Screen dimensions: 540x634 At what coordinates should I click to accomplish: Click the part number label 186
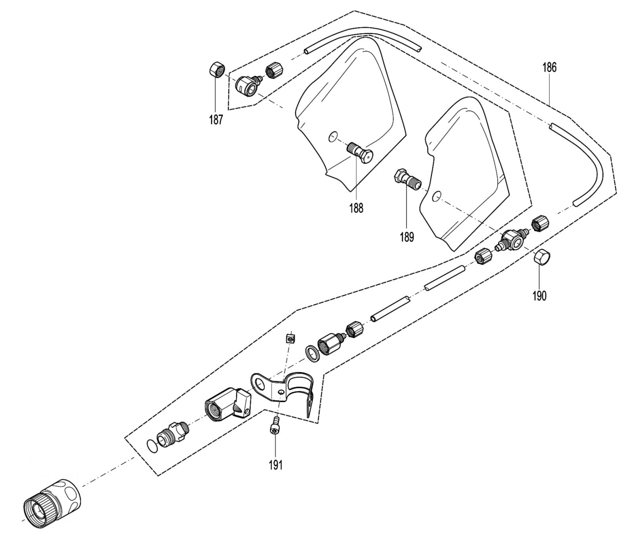point(549,68)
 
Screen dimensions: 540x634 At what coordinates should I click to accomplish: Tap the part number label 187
point(216,120)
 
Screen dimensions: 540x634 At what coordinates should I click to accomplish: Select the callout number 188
point(356,208)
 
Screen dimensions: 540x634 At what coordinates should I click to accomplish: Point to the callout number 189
point(407,237)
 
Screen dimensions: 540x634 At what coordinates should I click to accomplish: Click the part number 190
point(539,296)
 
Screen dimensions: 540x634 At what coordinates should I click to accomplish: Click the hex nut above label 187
point(216,71)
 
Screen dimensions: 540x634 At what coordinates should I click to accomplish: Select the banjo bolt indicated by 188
point(360,152)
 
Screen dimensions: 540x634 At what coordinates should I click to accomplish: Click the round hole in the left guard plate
point(333,137)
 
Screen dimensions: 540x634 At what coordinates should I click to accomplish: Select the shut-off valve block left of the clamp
point(228,405)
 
